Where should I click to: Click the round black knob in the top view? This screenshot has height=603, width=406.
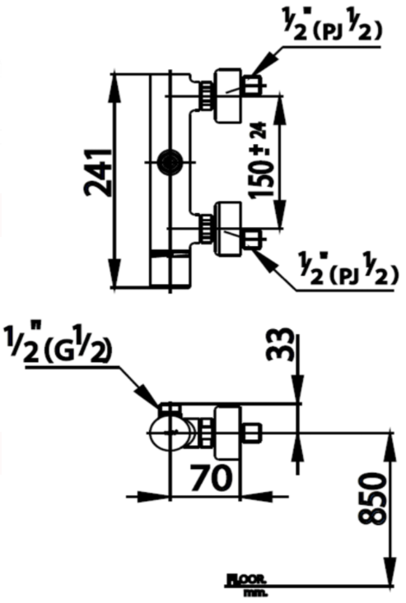point(171,161)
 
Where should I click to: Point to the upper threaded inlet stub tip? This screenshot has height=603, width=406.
point(254,83)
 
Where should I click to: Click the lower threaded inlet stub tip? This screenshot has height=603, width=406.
point(254,240)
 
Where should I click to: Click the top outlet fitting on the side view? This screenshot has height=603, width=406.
point(169,409)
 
